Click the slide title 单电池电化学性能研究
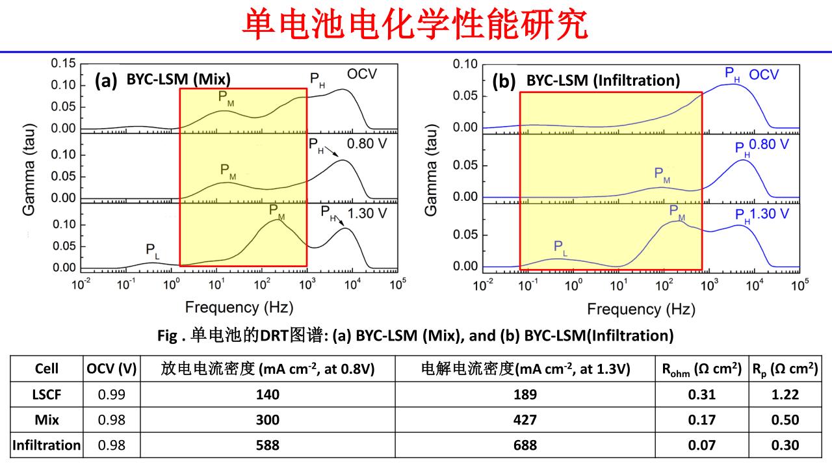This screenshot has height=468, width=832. coord(416,26)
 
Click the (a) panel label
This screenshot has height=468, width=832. coord(106,81)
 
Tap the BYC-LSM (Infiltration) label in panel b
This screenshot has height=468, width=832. coord(603,81)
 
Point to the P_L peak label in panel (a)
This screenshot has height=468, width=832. coord(151,250)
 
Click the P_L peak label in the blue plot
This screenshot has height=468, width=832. coord(560,246)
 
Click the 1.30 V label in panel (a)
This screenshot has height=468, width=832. coord(367,212)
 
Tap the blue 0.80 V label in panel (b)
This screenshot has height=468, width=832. coord(770,143)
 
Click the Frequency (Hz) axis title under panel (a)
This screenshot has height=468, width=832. coord(239,307)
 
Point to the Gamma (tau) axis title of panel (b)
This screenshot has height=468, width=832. coord(432,166)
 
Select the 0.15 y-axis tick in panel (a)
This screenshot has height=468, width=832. coord(64,64)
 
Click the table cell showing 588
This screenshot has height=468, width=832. coord(267,445)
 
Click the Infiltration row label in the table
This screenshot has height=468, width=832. coord(47,445)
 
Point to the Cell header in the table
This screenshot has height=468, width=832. coord(47,369)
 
